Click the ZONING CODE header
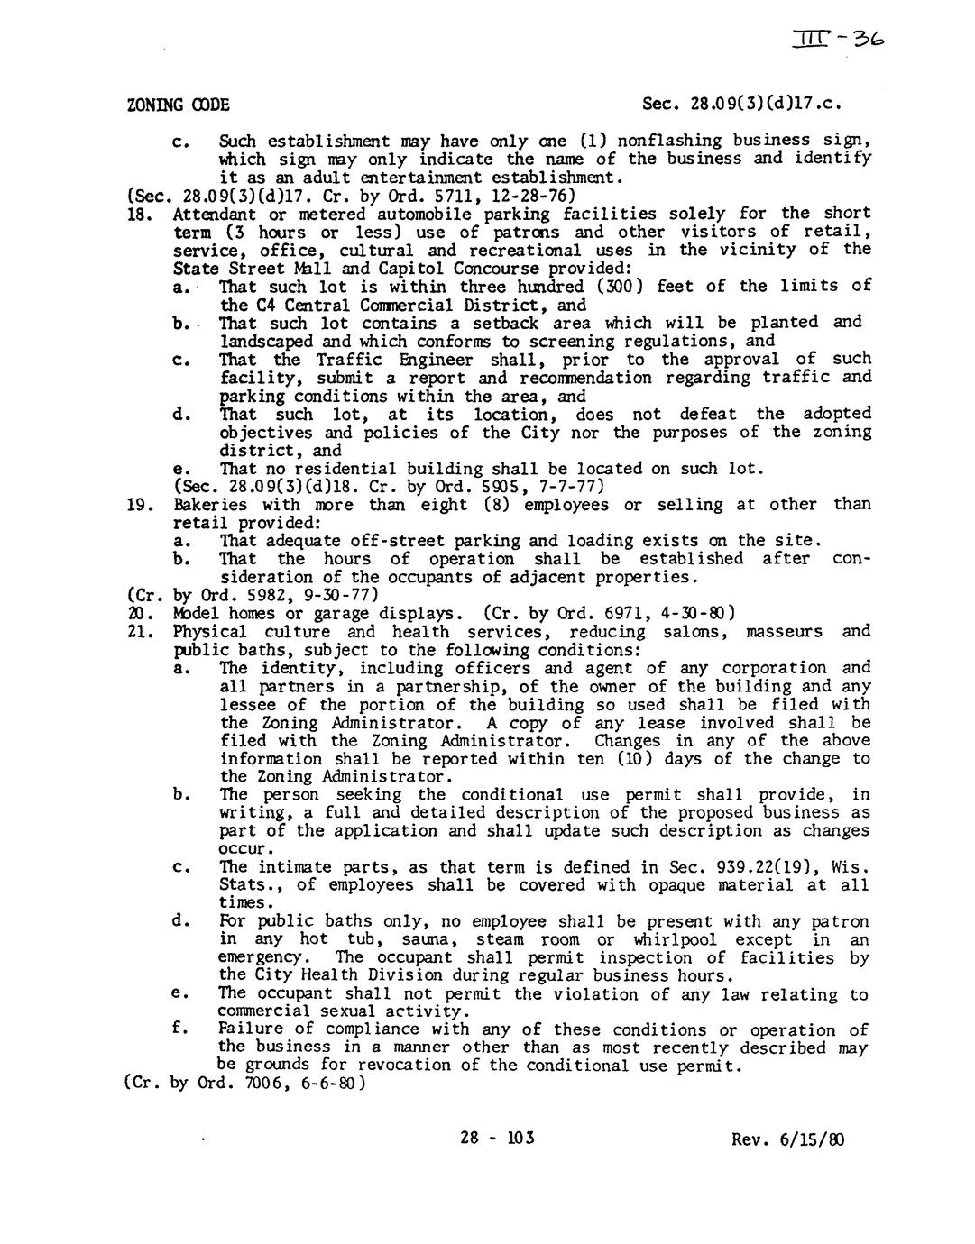pyautogui.click(x=178, y=105)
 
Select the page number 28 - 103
pyautogui.click(x=496, y=1138)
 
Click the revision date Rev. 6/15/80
pyautogui.click(x=789, y=1139)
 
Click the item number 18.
pyautogui.click(x=138, y=214)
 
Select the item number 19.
pyautogui.click(x=138, y=505)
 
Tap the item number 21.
pyautogui.click(x=138, y=632)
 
